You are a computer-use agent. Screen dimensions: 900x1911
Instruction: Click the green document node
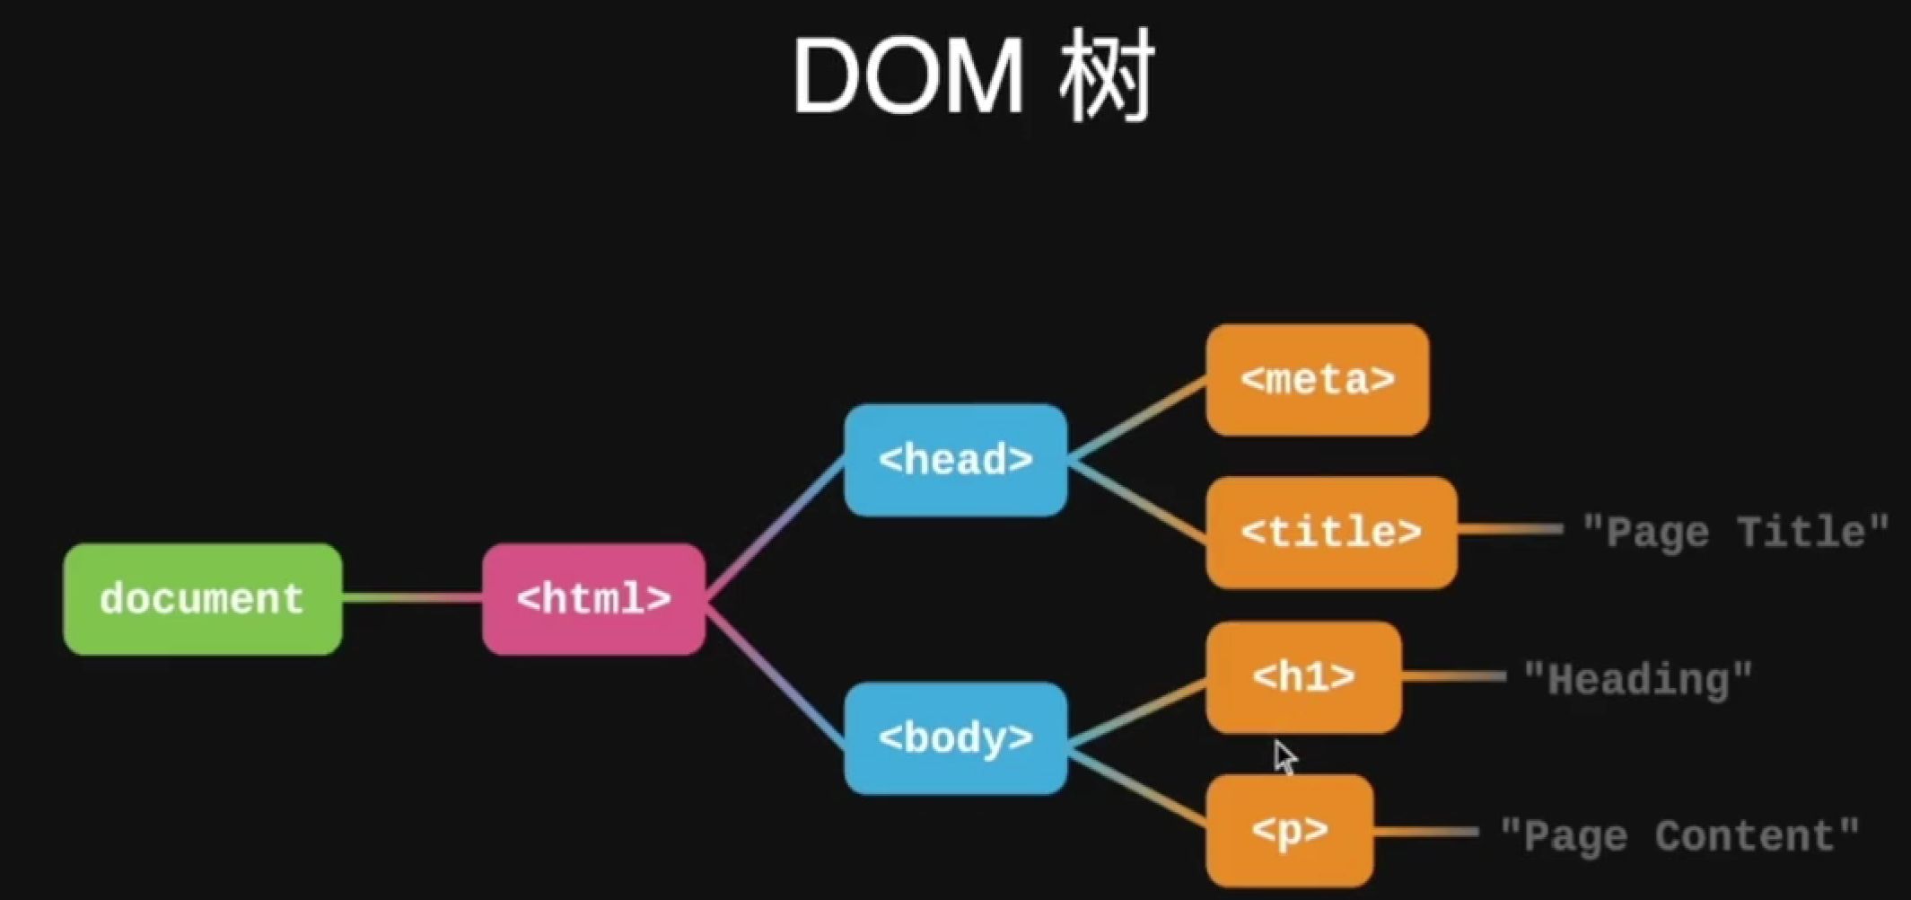tap(202, 599)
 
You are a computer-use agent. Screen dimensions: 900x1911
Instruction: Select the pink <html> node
tap(593, 599)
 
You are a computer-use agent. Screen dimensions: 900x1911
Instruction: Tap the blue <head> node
tap(955, 460)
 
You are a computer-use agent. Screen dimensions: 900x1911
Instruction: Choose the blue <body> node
tap(955, 738)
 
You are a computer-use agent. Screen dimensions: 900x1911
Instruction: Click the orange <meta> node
tap(1317, 380)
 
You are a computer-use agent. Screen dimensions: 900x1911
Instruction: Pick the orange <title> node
tap(1331, 533)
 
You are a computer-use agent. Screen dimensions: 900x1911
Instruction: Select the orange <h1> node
tap(1303, 677)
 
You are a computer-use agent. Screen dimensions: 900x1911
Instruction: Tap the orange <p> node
tap(1289, 831)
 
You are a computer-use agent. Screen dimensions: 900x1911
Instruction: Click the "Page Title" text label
tap(1735, 533)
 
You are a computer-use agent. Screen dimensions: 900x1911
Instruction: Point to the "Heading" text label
tap(1638, 680)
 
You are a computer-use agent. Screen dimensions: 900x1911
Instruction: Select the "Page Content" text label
tap(1679, 836)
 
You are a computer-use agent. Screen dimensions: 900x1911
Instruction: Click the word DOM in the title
tap(907, 77)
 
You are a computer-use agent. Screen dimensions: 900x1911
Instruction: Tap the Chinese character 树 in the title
tap(1107, 77)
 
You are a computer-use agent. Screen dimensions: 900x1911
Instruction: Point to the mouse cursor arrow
tap(1284, 756)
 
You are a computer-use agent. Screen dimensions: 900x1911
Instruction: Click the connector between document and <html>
tap(412, 598)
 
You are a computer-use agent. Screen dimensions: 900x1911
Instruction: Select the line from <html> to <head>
tap(775, 530)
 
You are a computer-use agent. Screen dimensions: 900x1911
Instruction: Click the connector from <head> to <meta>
tap(1137, 419)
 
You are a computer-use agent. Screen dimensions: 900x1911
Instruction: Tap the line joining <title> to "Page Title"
tap(1510, 530)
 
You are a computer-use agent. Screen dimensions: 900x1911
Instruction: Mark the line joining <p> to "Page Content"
tap(1425, 832)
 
